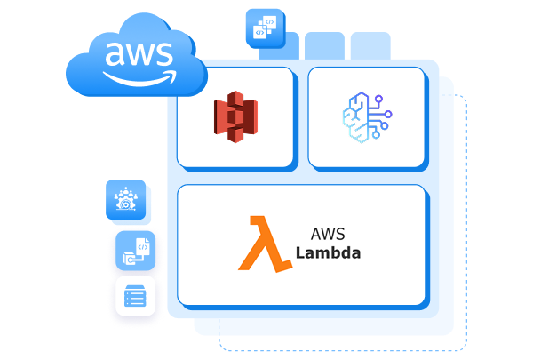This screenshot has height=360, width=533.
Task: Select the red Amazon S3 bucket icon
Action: pos(235,117)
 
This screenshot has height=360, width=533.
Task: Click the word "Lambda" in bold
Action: pos(329,252)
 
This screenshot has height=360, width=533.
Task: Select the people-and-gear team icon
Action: pos(125,198)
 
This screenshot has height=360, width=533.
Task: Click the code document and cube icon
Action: pos(136,251)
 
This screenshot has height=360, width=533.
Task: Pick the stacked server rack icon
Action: pos(136,295)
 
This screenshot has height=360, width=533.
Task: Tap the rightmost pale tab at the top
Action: pos(370,45)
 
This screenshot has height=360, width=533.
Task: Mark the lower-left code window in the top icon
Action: pos(259,32)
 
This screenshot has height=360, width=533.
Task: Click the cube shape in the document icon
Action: pos(130,258)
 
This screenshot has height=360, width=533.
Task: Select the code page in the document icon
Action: pos(139,246)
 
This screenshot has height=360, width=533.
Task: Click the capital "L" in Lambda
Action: pos(300,252)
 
